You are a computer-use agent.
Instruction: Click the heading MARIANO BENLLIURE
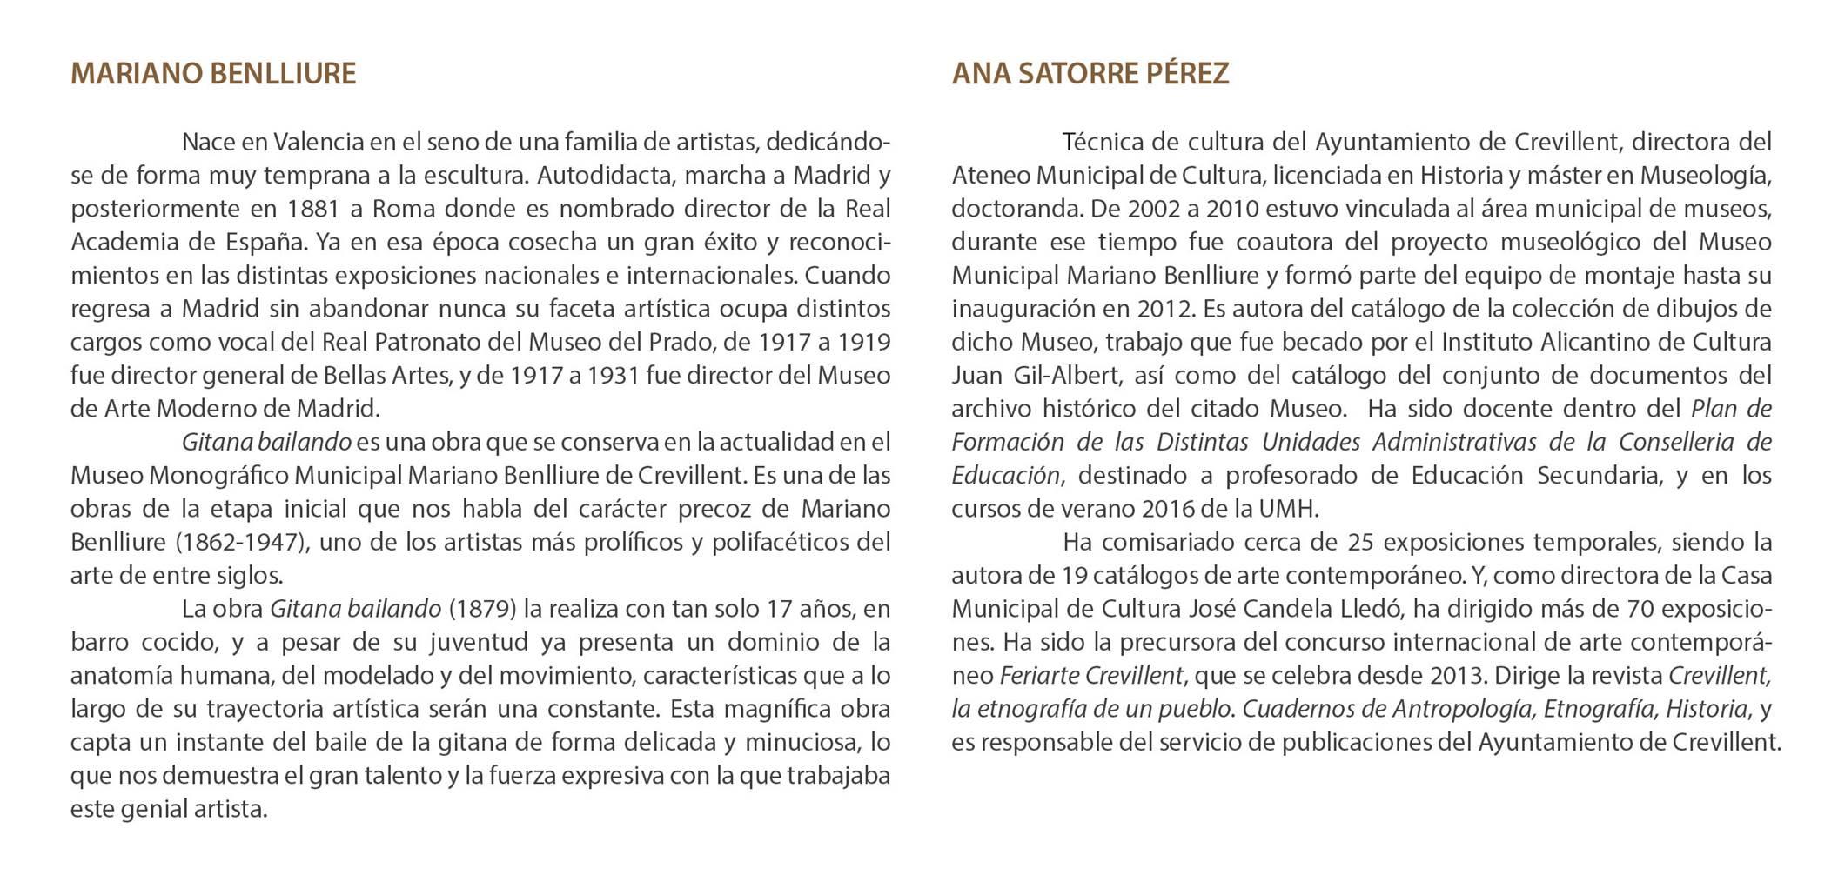[213, 74]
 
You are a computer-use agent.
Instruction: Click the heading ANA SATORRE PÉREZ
[1090, 74]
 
